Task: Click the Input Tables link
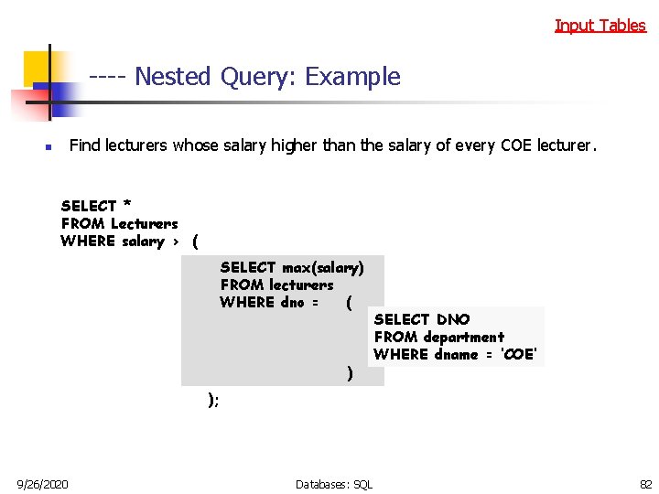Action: (x=600, y=26)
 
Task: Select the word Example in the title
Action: (x=352, y=77)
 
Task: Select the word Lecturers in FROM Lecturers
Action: (x=144, y=223)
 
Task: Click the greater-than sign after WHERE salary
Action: (x=175, y=242)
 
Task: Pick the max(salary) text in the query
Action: (x=322, y=267)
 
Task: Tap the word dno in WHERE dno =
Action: (x=292, y=303)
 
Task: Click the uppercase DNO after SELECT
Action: (x=453, y=319)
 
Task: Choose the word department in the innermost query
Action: (x=463, y=337)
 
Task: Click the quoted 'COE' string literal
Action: (x=519, y=355)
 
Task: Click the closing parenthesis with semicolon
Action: (x=213, y=399)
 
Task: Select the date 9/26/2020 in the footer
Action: (x=42, y=483)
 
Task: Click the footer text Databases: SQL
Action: (x=334, y=483)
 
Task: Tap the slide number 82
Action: (x=644, y=483)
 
